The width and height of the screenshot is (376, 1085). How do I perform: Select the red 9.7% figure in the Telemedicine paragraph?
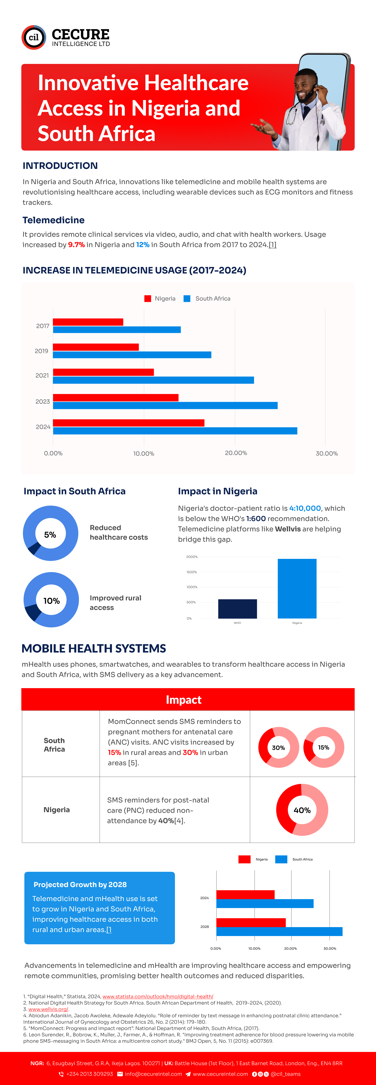click(76, 245)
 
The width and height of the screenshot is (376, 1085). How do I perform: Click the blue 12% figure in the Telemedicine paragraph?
click(142, 245)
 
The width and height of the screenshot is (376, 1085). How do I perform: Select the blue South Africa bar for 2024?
click(175, 430)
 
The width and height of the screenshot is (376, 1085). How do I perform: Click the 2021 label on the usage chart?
click(42, 375)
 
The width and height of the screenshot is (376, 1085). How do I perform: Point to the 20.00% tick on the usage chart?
click(236, 453)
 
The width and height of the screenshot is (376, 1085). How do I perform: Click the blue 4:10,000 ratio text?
click(305, 508)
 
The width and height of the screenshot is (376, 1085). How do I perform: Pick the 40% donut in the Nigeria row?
click(302, 810)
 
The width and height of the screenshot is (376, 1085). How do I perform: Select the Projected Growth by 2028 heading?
click(80, 885)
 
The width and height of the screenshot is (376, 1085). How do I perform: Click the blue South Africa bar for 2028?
click(279, 931)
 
